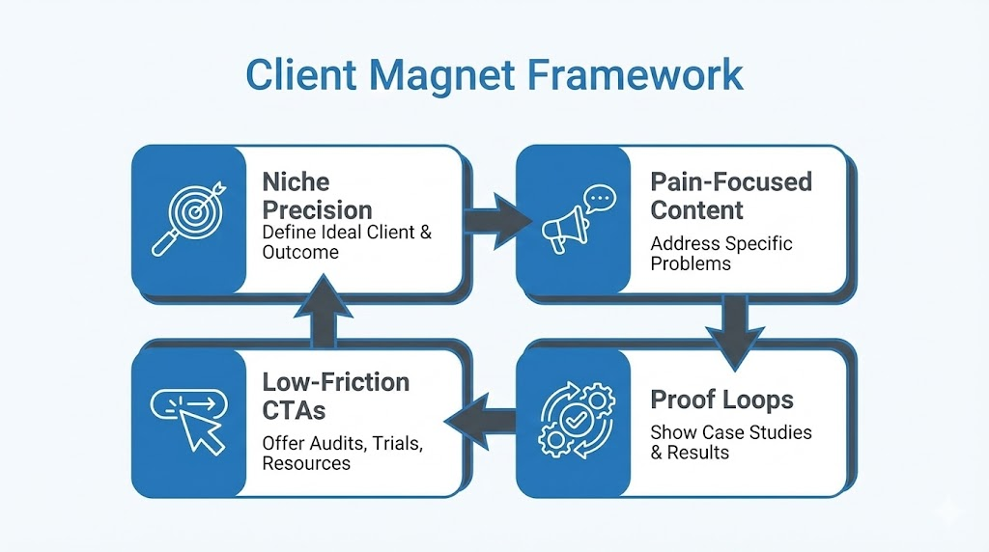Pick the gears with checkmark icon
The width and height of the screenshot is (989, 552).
573,421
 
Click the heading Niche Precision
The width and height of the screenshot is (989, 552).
317,196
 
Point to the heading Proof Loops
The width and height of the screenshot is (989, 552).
721,400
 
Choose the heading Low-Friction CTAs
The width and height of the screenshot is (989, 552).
335,396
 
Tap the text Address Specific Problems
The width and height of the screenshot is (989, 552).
721,253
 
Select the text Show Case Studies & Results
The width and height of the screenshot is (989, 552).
730,442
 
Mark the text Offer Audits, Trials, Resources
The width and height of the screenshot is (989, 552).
343,453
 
